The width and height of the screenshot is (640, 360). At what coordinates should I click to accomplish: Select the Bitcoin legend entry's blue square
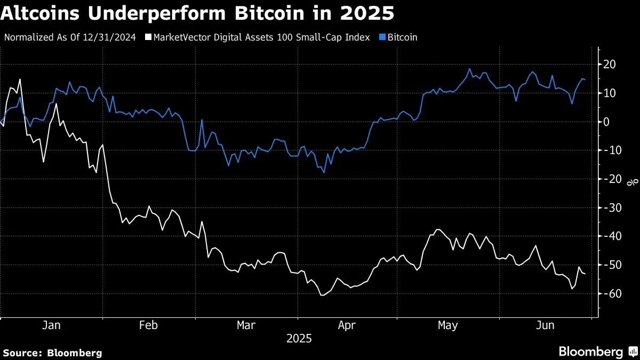(x=382, y=38)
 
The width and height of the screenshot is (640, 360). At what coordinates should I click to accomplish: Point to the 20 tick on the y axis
(x=610, y=65)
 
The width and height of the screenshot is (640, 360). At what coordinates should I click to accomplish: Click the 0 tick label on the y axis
(x=607, y=122)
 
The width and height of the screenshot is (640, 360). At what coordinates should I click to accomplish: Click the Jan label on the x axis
(x=51, y=325)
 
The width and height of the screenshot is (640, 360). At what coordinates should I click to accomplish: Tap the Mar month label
(x=246, y=325)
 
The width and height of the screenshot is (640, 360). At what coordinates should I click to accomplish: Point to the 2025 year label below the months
(x=299, y=339)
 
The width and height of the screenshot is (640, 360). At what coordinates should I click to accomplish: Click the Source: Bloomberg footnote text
(x=52, y=353)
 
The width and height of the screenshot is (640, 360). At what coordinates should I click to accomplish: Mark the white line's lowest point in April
(x=321, y=295)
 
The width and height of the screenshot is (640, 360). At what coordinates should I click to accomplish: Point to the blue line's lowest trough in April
(x=324, y=172)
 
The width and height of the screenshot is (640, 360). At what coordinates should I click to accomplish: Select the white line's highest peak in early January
(x=20, y=79)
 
